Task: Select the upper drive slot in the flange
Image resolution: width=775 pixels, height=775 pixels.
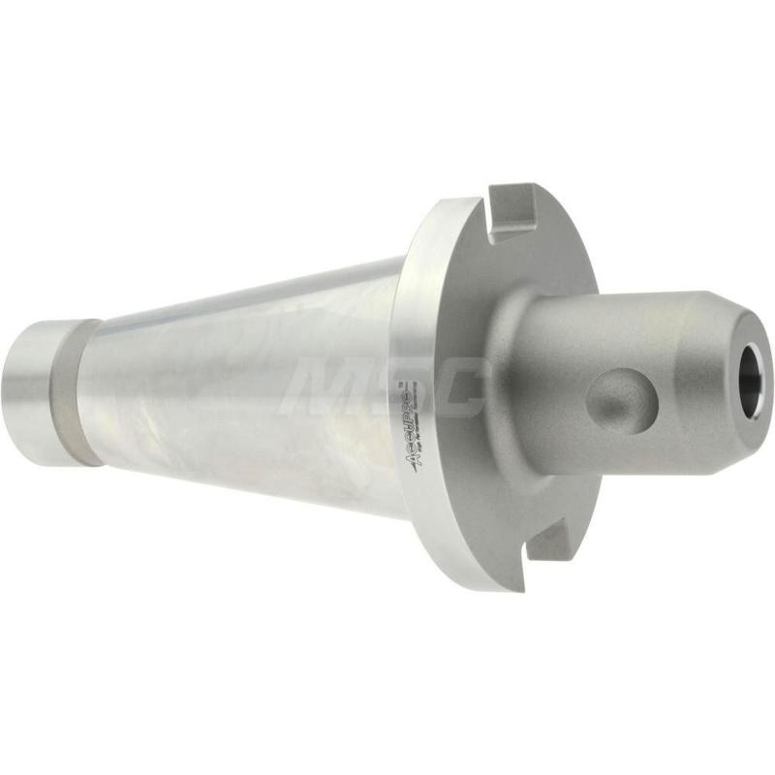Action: coord(516,211)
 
